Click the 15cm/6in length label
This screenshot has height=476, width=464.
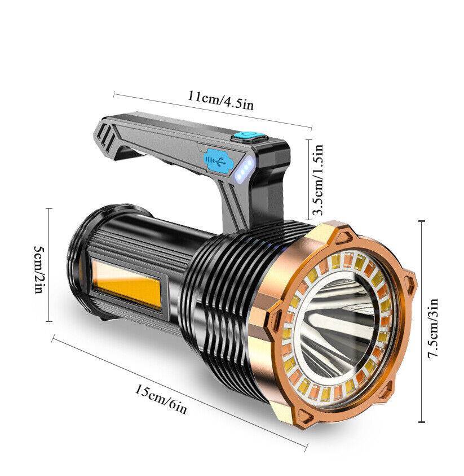click(160, 399)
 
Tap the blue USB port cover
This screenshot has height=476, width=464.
click(216, 161)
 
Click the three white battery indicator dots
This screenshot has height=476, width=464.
click(244, 170)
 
